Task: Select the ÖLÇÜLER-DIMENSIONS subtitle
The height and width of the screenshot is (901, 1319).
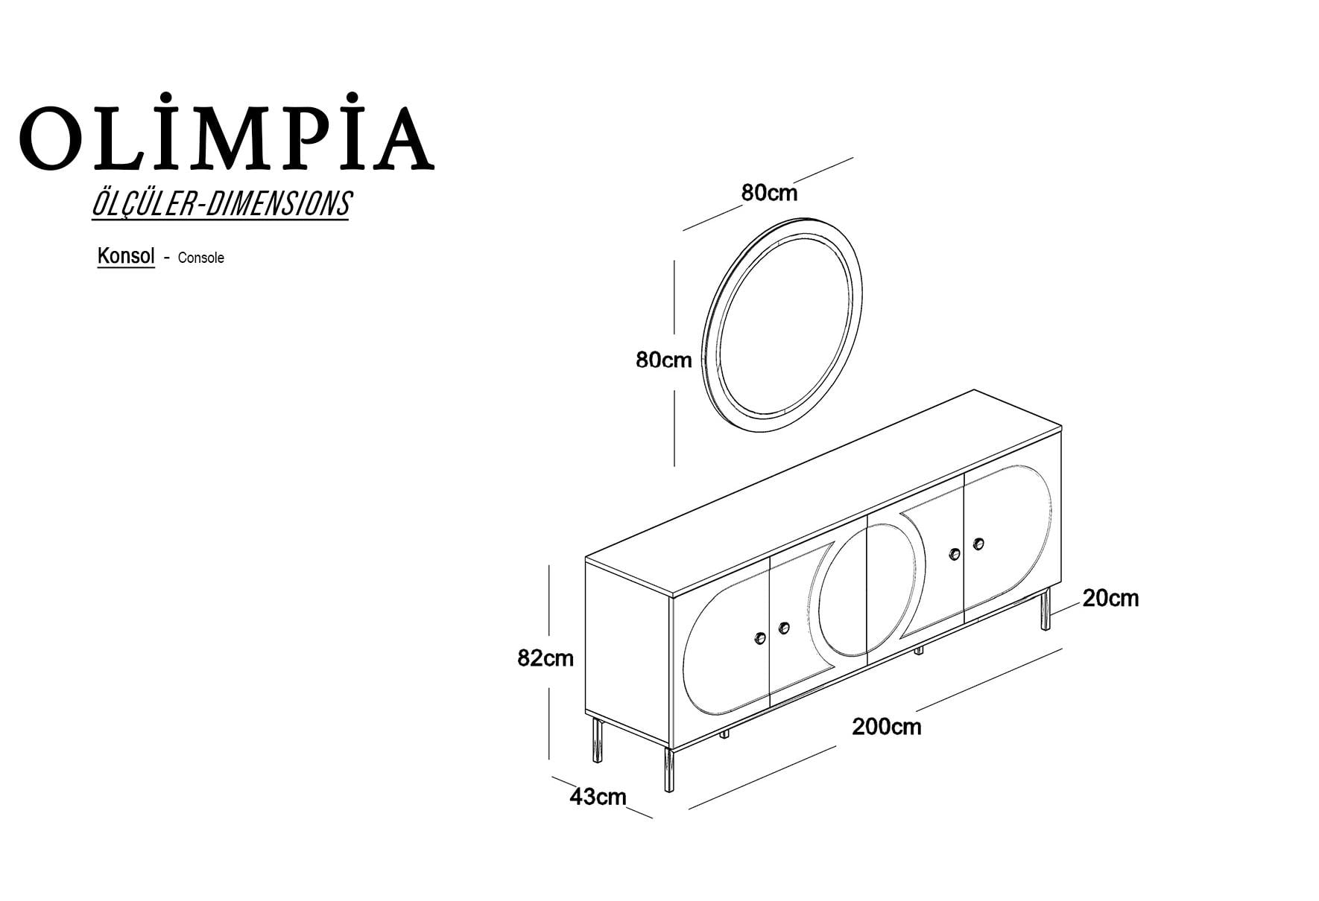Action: (221, 204)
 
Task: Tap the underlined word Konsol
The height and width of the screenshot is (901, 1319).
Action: (126, 256)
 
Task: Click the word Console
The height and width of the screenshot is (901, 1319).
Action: (201, 258)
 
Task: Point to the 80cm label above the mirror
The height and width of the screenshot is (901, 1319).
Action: (769, 193)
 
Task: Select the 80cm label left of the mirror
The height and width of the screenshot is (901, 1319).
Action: (664, 360)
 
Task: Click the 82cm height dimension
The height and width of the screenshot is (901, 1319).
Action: (545, 658)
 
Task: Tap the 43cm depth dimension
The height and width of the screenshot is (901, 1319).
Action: (598, 797)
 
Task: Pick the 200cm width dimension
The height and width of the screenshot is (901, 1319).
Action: (887, 727)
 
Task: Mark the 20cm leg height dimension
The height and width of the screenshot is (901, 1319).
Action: (1110, 598)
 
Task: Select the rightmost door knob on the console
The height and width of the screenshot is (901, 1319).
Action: (978, 544)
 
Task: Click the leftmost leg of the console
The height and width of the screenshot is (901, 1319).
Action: (597, 742)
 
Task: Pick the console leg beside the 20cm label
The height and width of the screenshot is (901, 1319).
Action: (1046, 610)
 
